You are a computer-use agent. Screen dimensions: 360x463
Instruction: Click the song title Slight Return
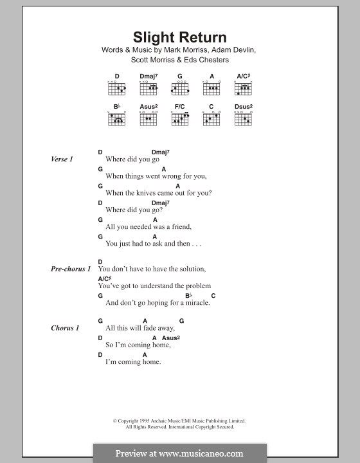click(x=179, y=37)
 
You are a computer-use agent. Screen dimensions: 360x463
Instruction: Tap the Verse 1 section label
click(x=62, y=159)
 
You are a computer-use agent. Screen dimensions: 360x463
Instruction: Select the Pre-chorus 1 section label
click(x=71, y=269)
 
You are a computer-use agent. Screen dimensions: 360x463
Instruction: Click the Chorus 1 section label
click(x=65, y=328)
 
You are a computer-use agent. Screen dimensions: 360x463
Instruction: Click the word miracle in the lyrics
click(x=196, y=303)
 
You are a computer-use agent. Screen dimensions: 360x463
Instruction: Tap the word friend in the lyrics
click(x=180, y=227)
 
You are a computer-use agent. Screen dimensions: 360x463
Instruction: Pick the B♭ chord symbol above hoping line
click(x=189, y=295)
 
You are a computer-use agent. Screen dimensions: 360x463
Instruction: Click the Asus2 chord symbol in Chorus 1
click(x=170, y=338)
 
